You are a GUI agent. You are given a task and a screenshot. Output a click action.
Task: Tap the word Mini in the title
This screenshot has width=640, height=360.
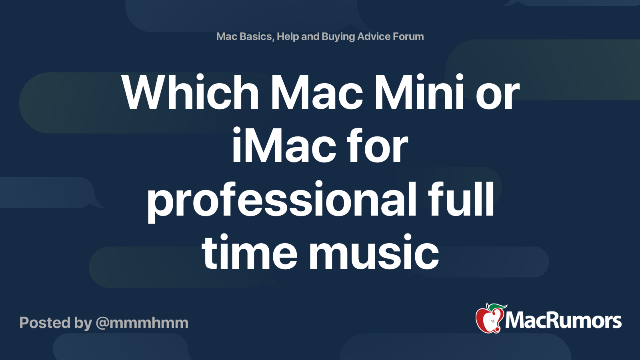tap(418, 92)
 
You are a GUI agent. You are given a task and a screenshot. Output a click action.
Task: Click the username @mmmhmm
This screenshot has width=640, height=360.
tap(142, 323)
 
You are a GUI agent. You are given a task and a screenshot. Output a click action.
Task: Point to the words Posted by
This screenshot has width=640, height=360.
tap(56, 323)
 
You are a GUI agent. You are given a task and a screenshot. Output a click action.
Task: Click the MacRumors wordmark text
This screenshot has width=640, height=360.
tap(563, 320)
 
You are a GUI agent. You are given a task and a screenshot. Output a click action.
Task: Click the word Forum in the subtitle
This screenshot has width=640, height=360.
tap(408, 36)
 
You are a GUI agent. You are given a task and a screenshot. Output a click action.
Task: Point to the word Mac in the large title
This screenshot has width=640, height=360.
tap(316, 92)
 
